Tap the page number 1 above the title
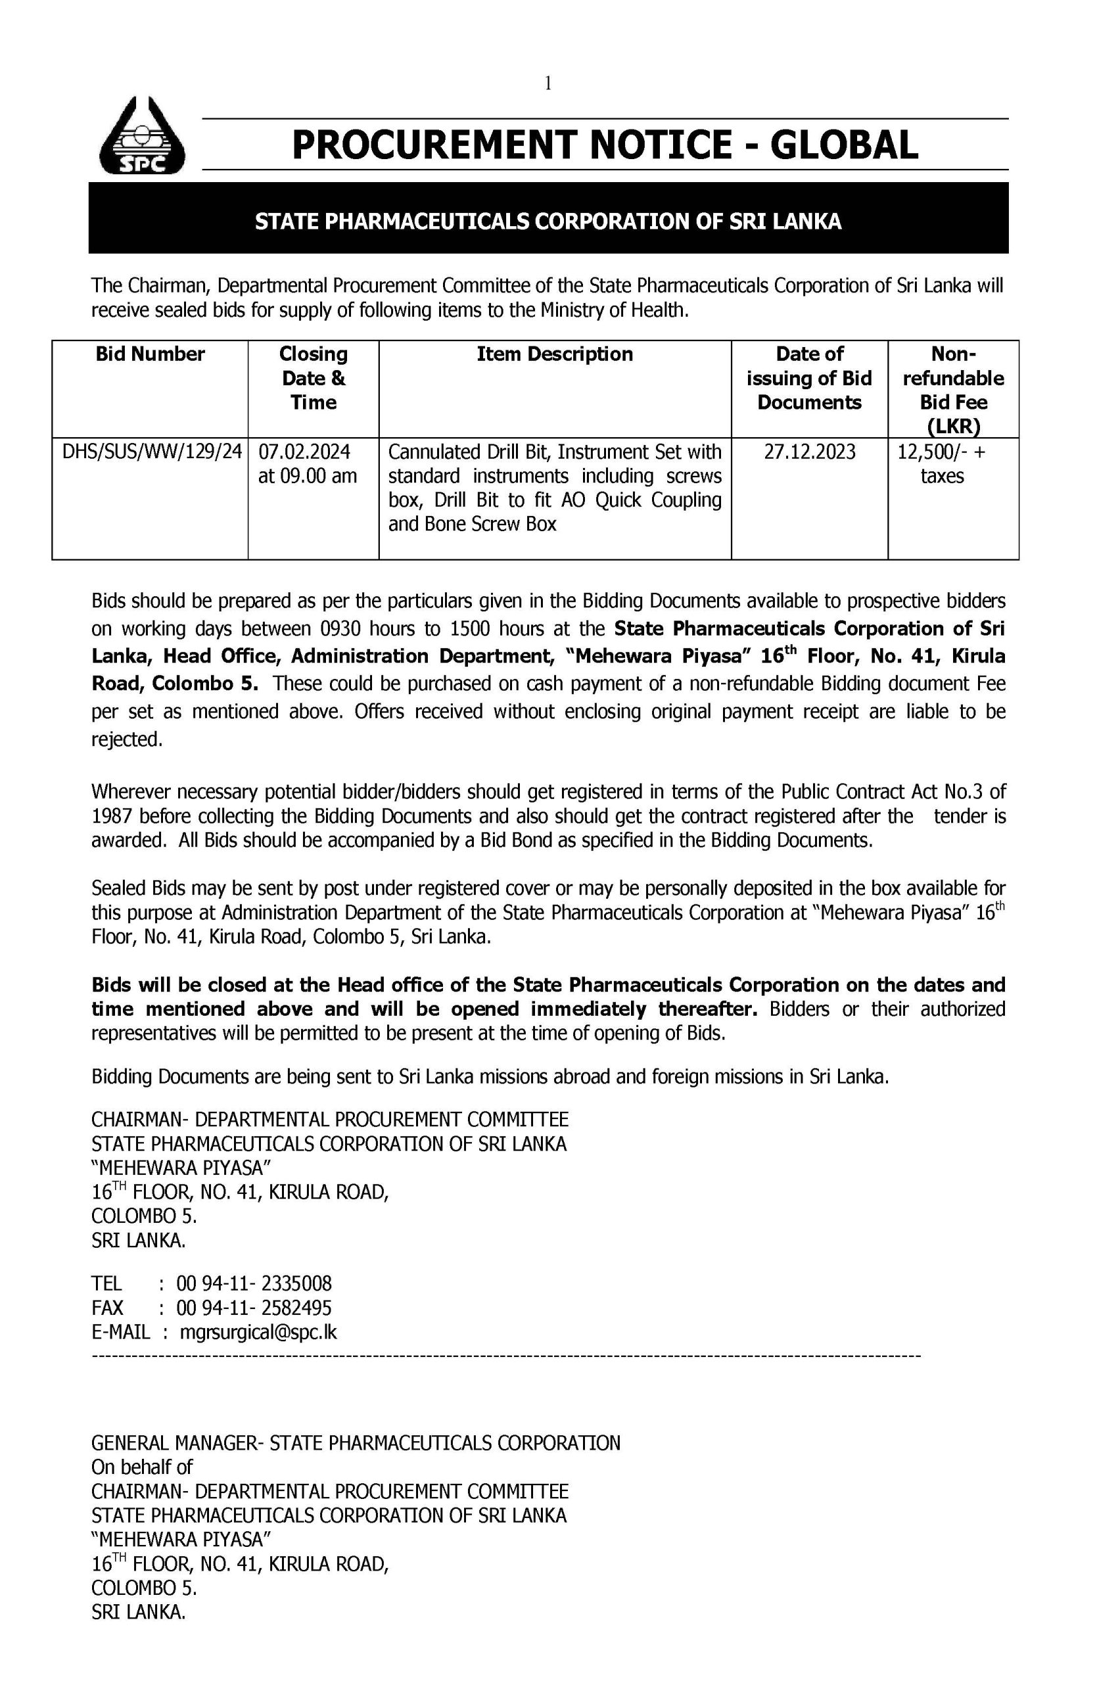(548, 84)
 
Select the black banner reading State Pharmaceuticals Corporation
(548, 222)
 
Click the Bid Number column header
(150, 354)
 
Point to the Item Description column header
(555, 354)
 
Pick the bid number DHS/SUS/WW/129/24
(152, 451)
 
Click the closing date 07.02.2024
(304, 451)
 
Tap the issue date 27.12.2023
(809, 451)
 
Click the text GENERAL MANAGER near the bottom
(170, 1442)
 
